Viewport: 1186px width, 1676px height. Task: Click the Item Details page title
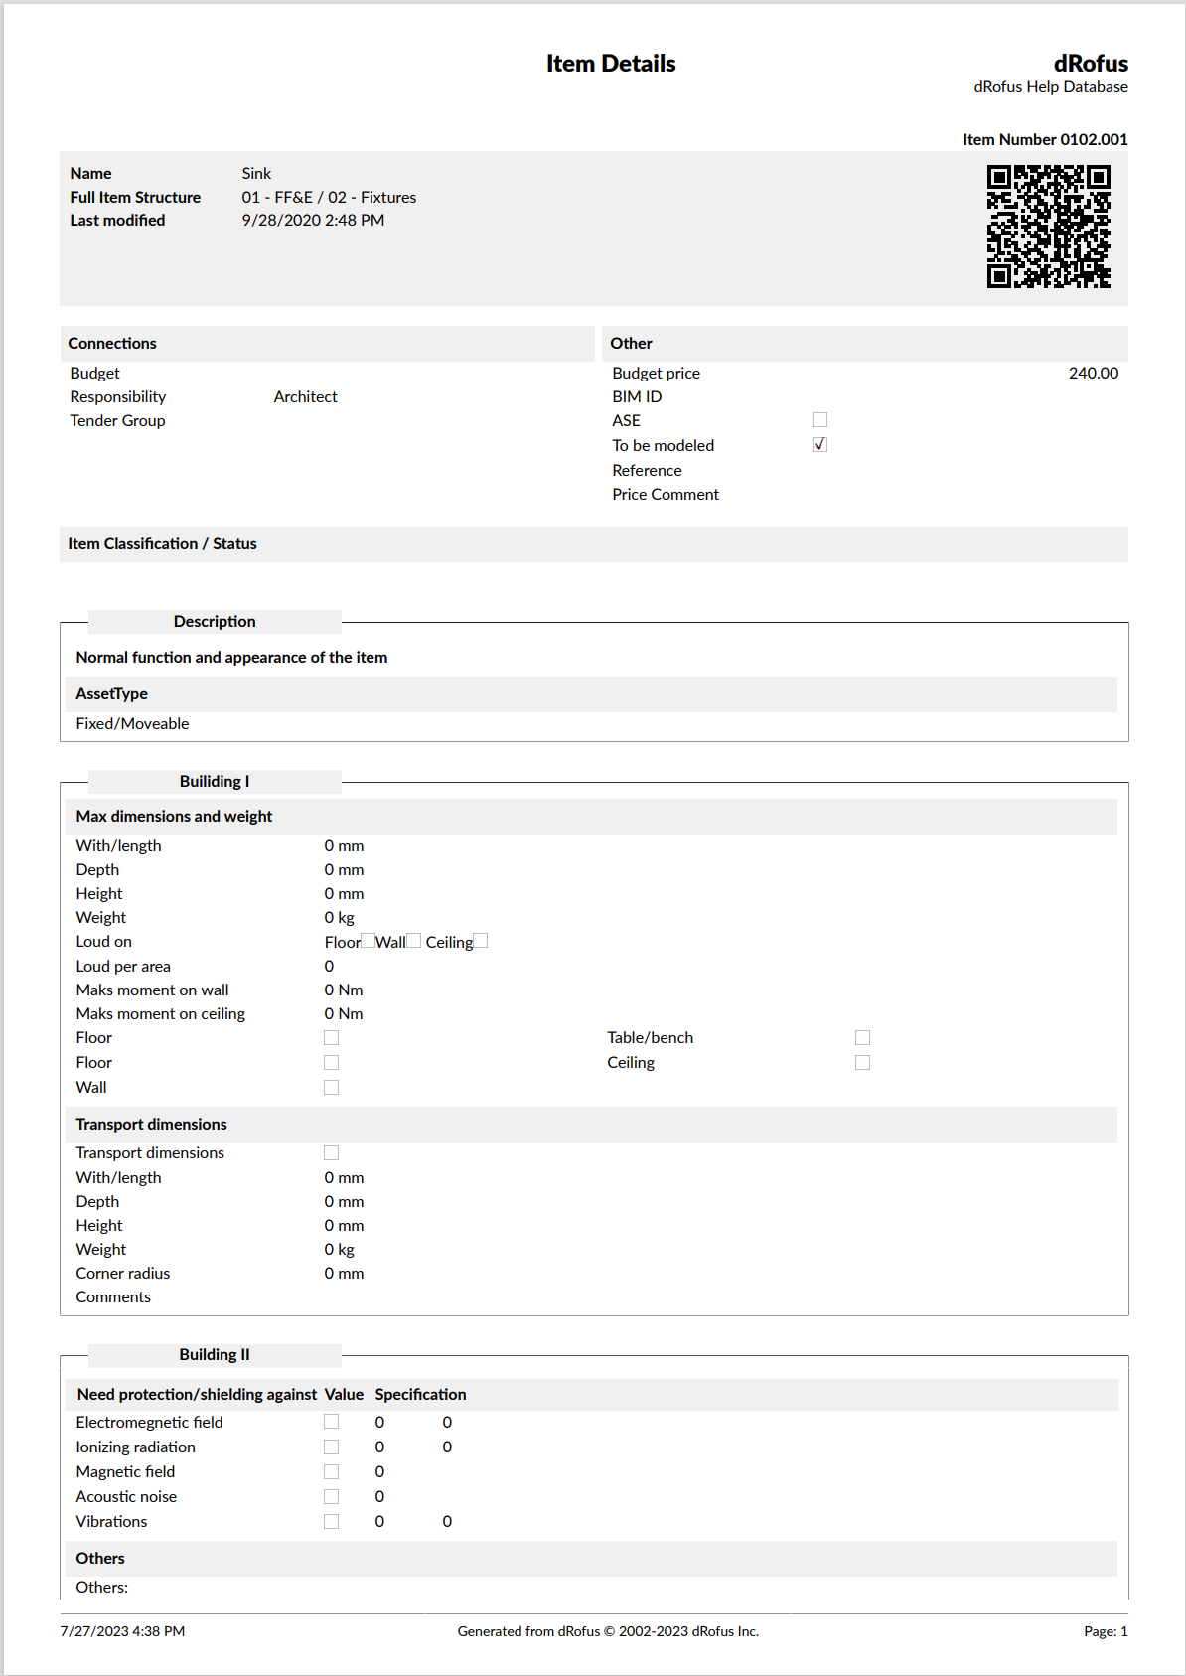point(611,64)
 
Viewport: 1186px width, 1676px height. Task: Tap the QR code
point(1048,227)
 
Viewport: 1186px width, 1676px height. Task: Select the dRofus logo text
point(1091,64)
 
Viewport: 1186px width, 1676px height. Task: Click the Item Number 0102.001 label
point(1044,139)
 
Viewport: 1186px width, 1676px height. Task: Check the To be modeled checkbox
point(819,445)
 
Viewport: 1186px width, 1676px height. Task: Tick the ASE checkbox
point(819,420)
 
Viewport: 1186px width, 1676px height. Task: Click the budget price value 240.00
point(1093,374)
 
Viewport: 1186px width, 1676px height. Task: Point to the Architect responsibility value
point(305,397)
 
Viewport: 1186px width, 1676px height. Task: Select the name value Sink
point(256,174)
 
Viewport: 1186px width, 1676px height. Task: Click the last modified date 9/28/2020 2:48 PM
point(313,221)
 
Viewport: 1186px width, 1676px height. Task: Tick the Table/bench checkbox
point(862,1038)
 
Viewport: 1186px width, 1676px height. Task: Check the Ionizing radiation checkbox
point(331,1447)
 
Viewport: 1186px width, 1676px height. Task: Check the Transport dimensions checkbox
point(331,1153)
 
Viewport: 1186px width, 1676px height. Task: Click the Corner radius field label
point(123,1274)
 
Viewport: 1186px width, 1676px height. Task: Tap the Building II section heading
point(215,1355)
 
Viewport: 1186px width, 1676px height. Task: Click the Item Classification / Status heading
point(162,544)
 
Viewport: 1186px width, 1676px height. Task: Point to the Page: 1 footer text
point(1106,1631)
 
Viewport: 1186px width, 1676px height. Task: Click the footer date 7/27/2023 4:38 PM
point(122,1631)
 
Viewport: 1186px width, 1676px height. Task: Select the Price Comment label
point(666,495)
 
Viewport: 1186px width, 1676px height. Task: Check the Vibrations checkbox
point(331,1522)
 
